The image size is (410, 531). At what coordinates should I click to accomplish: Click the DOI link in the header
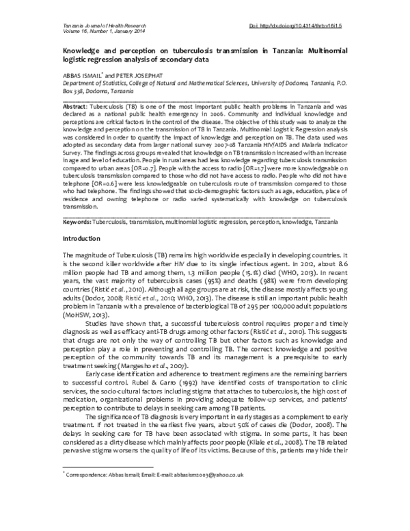click(299, 25)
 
